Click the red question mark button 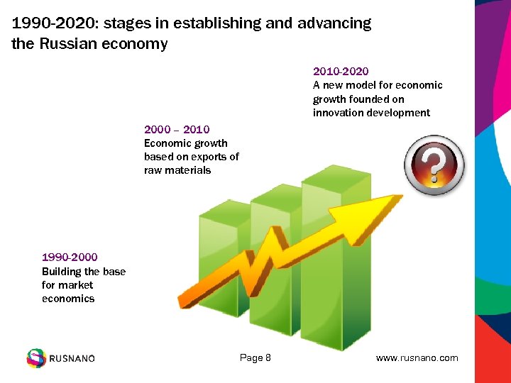(x=434, y=165)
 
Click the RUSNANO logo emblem (x=35, y=358)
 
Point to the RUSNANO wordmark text (x=72, y=359)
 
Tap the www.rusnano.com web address (x=417, y=358)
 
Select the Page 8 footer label (x=255, y=358)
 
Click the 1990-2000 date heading (x=70, y=257)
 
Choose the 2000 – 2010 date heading (x=177, y=129)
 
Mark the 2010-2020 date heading (x=341, y=71)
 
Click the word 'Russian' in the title (x=68, y=44)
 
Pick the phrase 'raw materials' (x=177, y=170)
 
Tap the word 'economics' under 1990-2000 (x=68, y=299)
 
